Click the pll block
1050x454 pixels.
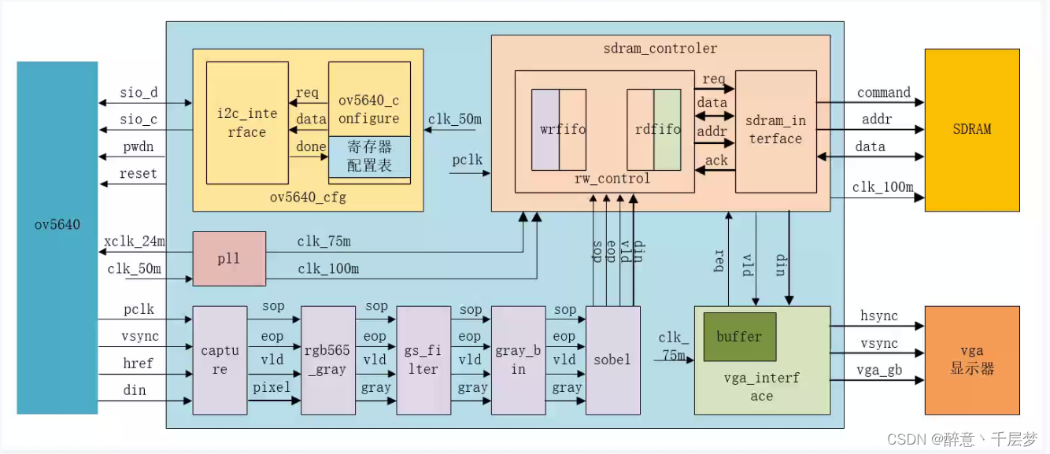(229, 259)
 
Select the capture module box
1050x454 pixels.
(214, 360)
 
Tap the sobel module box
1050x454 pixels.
(612, 360)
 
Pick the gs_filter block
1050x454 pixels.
(423, 360)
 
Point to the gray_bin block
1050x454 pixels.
(518, 360)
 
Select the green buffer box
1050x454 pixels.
(739, 337)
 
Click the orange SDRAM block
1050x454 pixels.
(972, 129)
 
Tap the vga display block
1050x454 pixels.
(972, 360)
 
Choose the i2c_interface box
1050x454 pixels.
(246, 123)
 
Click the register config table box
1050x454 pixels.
(369, 157)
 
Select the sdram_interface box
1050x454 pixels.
(775, 130)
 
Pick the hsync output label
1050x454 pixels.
(878, 316)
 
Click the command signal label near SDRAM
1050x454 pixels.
(884, 93)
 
